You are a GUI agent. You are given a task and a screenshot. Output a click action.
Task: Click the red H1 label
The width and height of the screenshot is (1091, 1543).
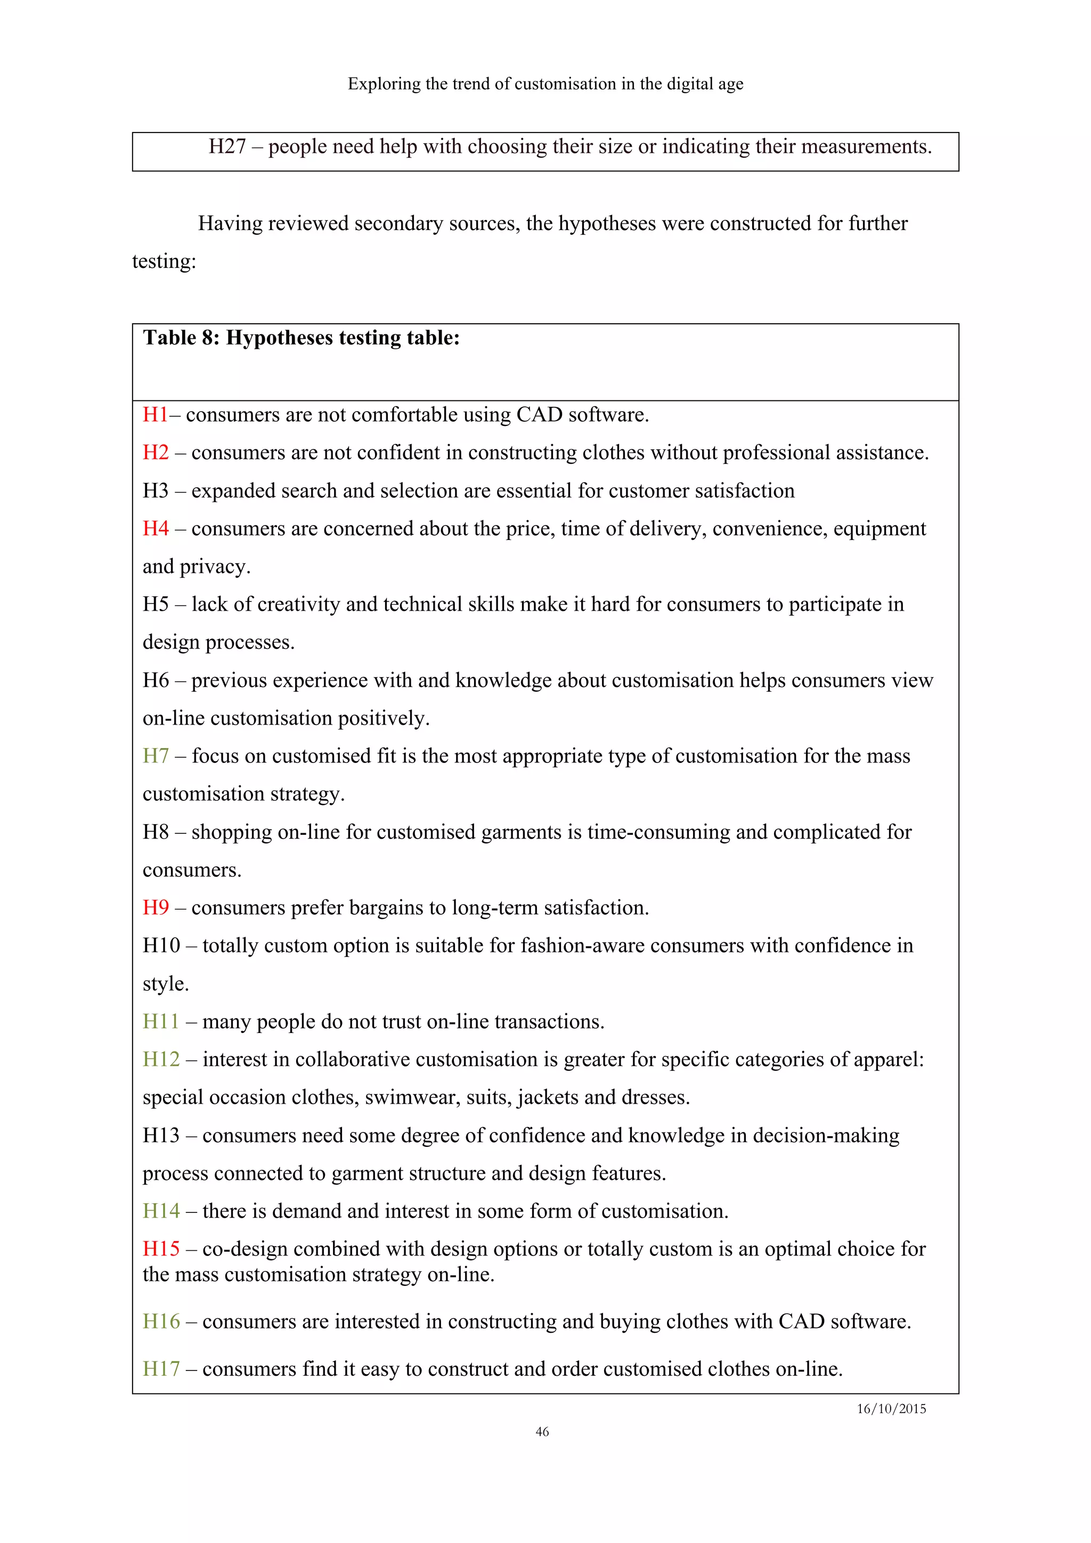154,415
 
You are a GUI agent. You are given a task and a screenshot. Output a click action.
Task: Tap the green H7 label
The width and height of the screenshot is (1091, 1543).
155,756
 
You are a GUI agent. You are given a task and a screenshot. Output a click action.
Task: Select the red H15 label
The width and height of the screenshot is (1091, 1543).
161,1249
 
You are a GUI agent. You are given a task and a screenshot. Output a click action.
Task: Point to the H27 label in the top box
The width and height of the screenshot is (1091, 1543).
227,146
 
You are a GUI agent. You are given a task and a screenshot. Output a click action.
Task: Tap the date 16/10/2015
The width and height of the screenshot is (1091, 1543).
891,1409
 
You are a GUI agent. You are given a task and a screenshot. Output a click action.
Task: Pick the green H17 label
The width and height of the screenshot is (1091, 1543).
161,1369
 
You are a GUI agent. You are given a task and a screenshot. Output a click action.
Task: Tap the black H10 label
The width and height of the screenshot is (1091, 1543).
161,946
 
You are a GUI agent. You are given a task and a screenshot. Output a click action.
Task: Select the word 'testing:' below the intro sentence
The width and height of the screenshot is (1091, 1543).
164,261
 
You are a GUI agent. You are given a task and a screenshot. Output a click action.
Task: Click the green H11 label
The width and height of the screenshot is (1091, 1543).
161,1022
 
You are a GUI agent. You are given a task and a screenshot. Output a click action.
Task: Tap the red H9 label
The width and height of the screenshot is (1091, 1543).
155,908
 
